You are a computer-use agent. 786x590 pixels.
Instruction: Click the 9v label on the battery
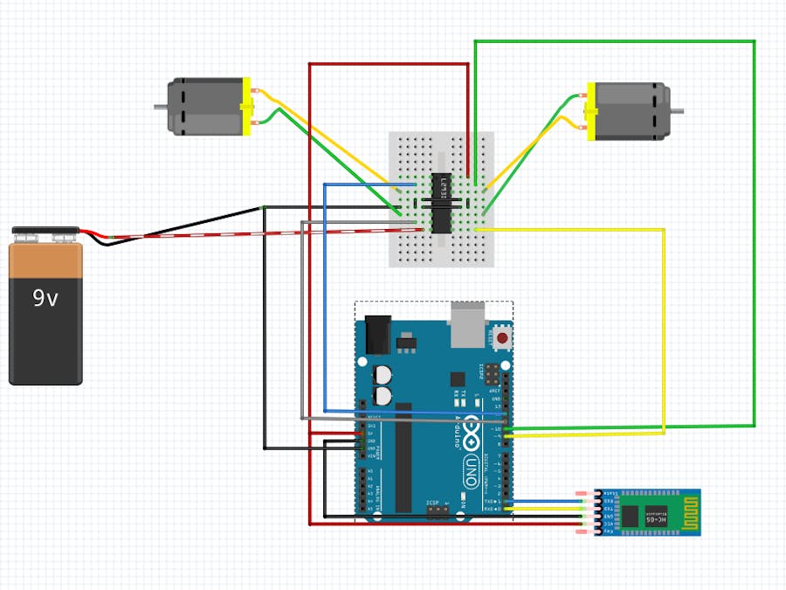click(x=45, y=298)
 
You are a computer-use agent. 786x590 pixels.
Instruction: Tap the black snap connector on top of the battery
click(x=45, y=233)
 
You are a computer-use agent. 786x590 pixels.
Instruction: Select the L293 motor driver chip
click(x=442, y=203)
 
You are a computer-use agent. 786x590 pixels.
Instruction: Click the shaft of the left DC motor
click(x=161, y=108)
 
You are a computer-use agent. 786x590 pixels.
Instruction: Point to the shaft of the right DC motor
click(x=677, y=111)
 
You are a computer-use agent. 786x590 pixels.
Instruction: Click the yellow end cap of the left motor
click(x=246, y=107)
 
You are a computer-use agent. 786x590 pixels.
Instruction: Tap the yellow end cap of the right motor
click(x=590, y=112)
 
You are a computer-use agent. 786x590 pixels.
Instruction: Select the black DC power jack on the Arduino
click(x=377, y=334)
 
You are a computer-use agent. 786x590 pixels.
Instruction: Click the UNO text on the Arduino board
click(x=471, y=469)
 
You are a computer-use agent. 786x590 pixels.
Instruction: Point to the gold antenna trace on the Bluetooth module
click(x=689, y=511)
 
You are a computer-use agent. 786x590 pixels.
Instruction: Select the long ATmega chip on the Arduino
click(x=403, y=456)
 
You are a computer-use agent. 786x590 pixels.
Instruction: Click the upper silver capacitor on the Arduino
click(x=383, y=375)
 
